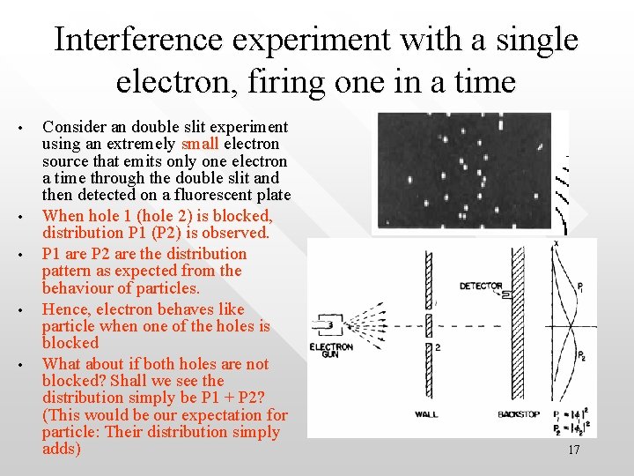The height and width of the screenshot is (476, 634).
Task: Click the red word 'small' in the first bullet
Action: tap(203, 144)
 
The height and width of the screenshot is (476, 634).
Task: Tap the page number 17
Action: tap(573, 450)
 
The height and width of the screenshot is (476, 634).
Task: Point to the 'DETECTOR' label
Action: tap(480, 286)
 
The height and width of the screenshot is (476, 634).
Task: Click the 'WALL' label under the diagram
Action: tap(426, 414)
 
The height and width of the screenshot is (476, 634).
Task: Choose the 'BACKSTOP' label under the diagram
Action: tap(518, 414)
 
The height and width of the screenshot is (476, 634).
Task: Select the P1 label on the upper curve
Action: tap(581, 286)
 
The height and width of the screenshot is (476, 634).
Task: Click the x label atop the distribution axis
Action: tap(556, 242)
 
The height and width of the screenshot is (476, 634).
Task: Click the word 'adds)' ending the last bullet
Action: tap(62, 449)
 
